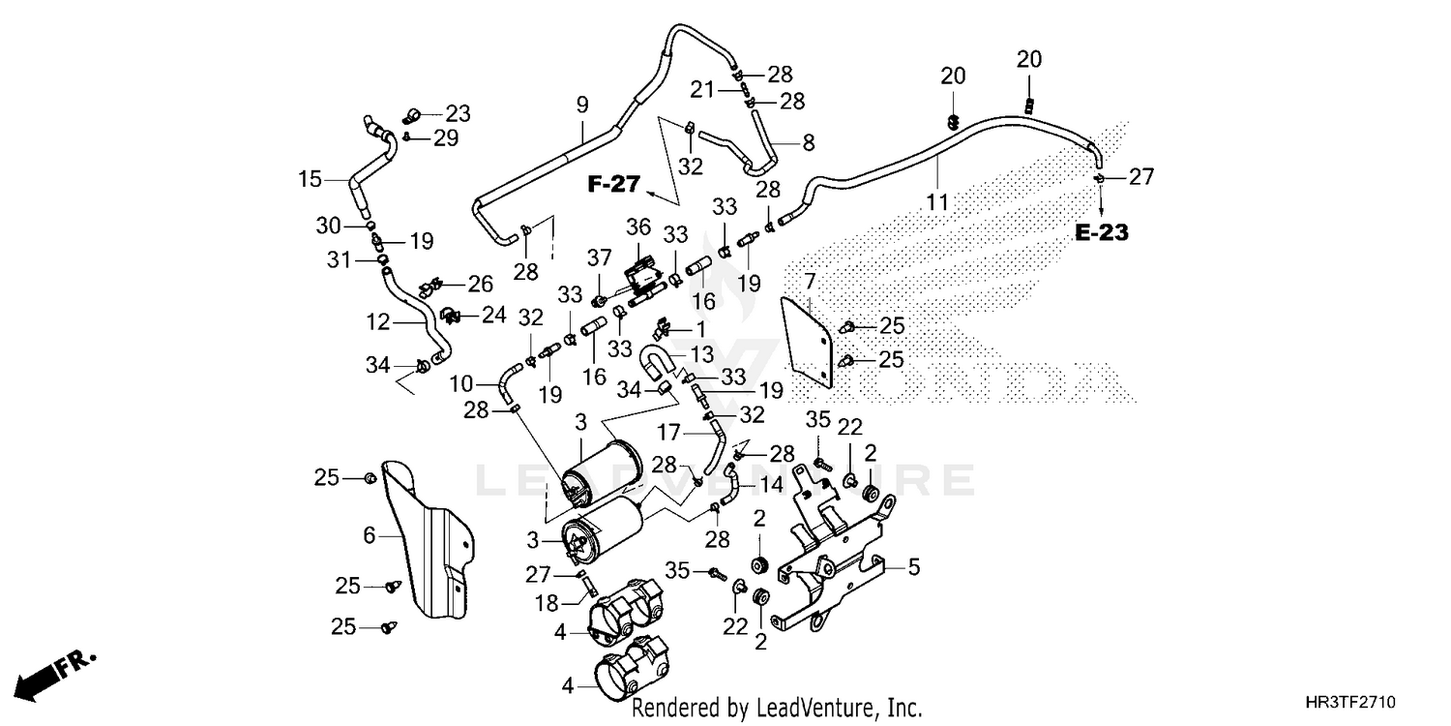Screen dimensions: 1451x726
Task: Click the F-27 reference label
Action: [x=614, y=184]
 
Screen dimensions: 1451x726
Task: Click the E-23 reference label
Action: [x=1102, y=232]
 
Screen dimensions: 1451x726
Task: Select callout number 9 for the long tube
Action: [x=582, y=105]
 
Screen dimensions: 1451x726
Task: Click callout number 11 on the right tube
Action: [x=937, y=203]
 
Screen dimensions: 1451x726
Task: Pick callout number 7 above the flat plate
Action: [x=810, y=282]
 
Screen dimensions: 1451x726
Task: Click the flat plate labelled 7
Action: [x=807, y=343]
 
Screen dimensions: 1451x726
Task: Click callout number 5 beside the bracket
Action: [x=913, y=568]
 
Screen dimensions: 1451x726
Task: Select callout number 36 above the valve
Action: [x=638, y=227]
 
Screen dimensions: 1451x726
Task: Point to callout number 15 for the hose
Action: [x=311, y=179]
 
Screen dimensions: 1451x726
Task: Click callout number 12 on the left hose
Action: [x=378, y=322]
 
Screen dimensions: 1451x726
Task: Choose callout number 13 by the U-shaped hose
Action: [x=702, y=354]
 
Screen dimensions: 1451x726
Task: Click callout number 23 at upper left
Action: [x=458, y=114]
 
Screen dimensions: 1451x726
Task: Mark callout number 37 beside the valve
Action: [x=599, y=258]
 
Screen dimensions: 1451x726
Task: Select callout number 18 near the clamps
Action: [x=547, y=604]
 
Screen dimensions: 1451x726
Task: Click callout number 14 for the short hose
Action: [x=771, y=485]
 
